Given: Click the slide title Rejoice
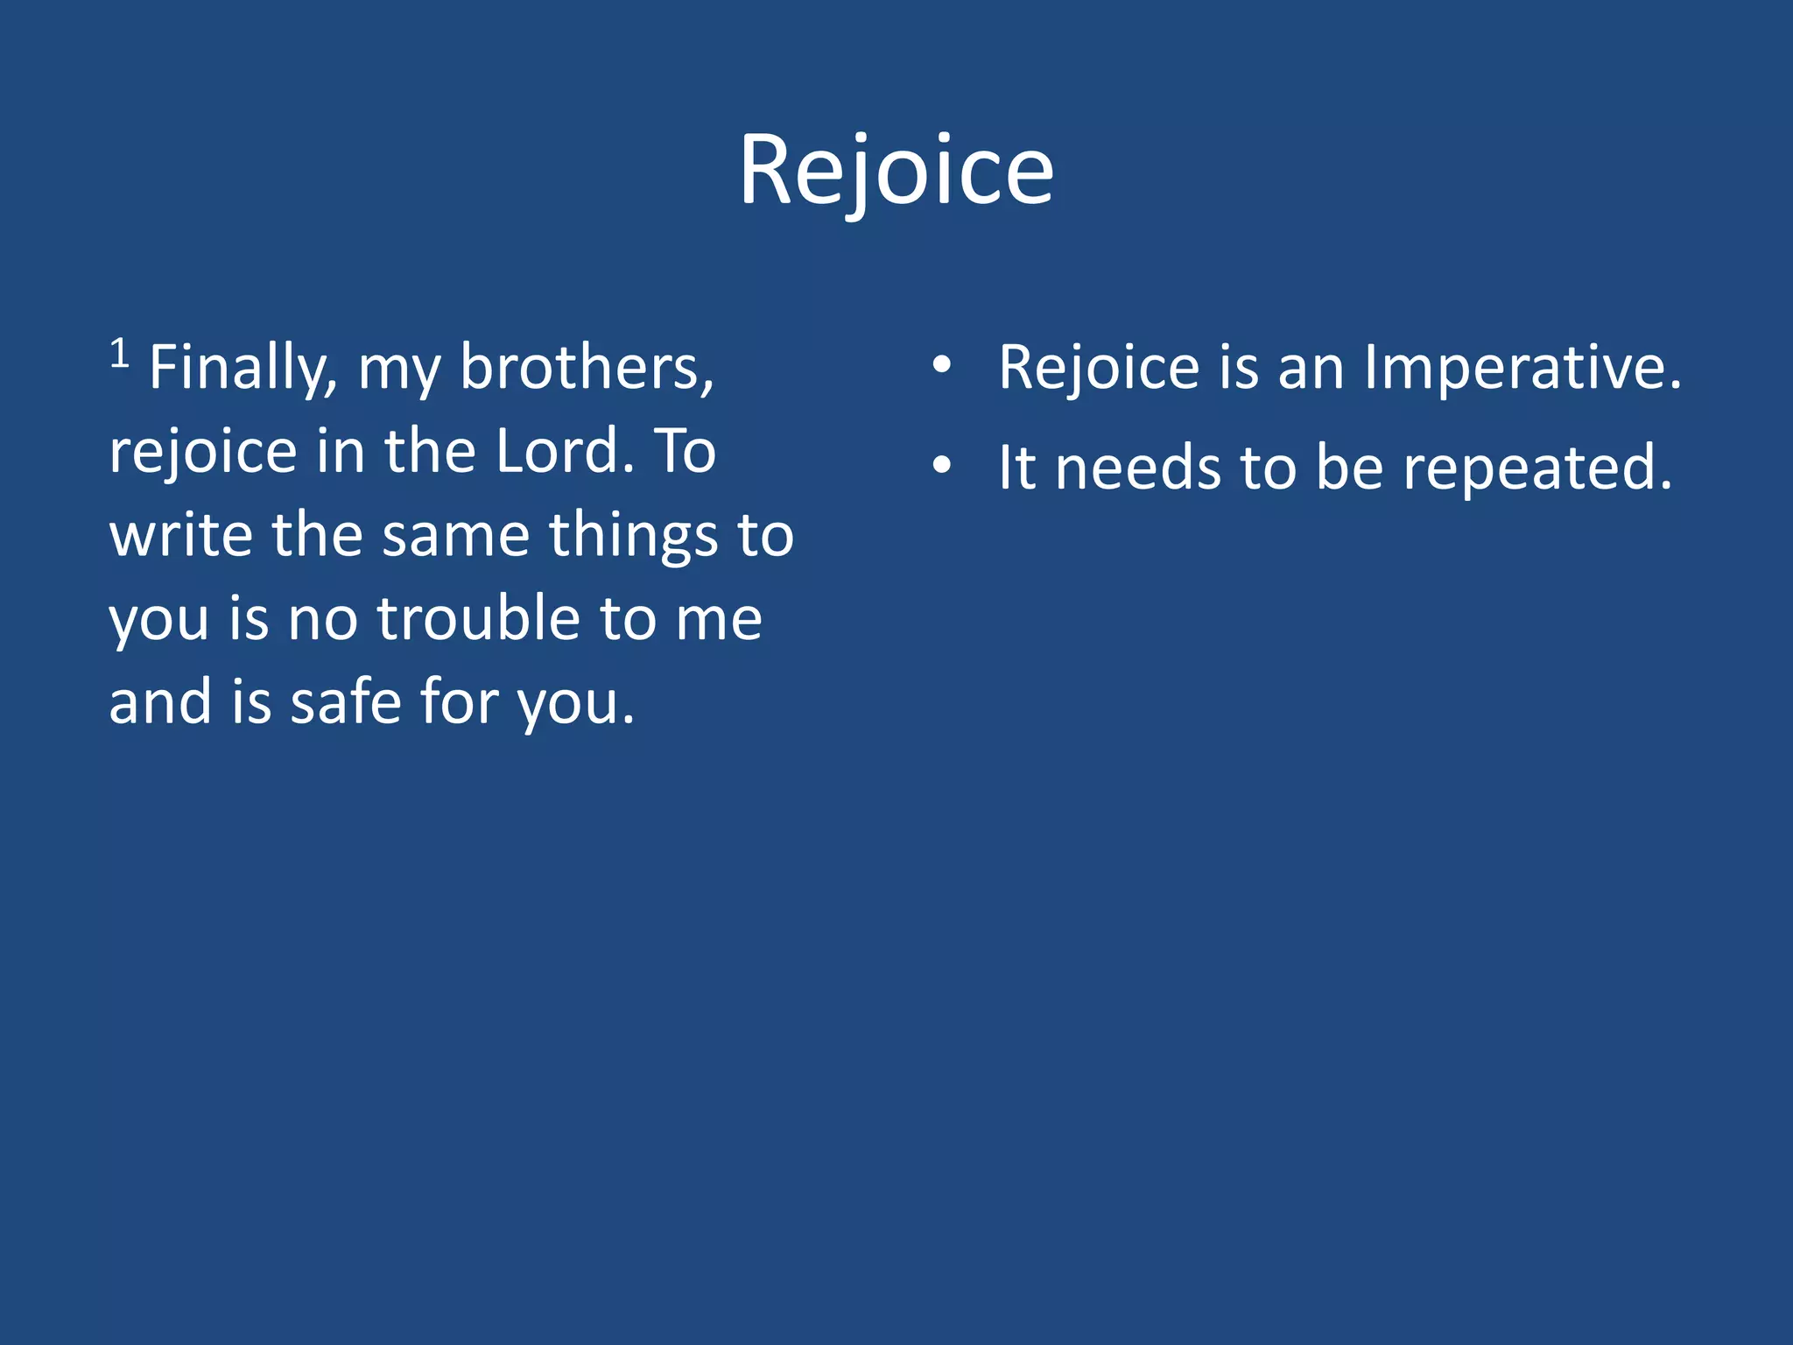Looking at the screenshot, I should tap(896, 171).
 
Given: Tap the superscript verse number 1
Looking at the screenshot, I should tap(120, 354).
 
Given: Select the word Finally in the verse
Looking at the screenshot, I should tap(243, 368).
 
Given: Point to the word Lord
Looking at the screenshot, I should tap(565, 451).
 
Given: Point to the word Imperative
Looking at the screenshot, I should tap(1522, 368).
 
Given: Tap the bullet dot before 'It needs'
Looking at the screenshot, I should tap(941, 467).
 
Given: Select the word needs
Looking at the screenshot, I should tap(1138, 468).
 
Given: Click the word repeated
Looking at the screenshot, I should tap(1537, 469).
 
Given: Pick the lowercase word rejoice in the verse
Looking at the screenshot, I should tap(203, 453).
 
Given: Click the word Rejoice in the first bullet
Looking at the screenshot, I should tap(1099, 368).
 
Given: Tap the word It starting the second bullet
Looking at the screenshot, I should tap(1016, 468).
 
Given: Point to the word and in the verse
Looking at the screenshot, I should tap(160, 702).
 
